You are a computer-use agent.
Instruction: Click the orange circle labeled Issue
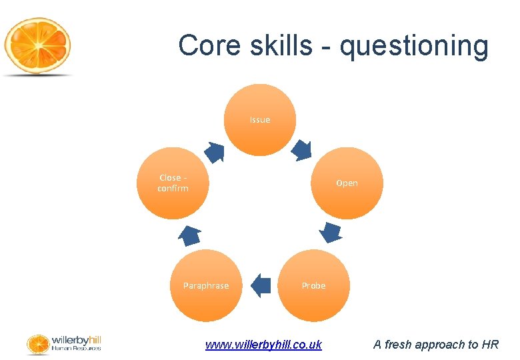[x=260, y=120]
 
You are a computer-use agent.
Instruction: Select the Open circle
[x=347, y=183]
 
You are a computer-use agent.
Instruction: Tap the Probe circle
[x=313, y=285]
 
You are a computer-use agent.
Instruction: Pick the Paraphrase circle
[x=205, y=285]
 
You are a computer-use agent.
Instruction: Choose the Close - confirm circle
[x=173, y=183]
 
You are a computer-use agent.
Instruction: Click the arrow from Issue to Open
[x=302, y=149]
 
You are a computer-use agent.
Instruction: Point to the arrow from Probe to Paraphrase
[x=261, y=285]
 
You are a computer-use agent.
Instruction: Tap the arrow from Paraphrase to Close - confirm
[x=190, y=235]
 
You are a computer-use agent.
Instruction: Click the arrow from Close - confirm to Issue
[x=214, y=152]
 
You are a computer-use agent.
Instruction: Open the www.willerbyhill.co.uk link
[x=263, y=345]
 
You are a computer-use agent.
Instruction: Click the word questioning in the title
[x=414, y=46]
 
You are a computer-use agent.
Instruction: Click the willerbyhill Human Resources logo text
[x=76, y=343]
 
